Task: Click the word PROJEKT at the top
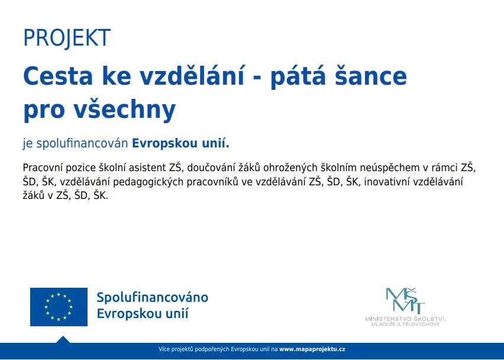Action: coord(67,38)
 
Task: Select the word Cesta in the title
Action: coord(58,76)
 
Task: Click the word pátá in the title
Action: coord(298,76)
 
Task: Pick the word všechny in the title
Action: coord(125,109)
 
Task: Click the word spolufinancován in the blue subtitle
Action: coord(83,143)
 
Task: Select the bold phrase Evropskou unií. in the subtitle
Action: coord(180,143)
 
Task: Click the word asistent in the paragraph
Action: coord(147,168)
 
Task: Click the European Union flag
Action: coord(59,307)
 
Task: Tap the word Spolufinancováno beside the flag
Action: coord(153,297)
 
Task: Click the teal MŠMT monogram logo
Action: coord(405,301)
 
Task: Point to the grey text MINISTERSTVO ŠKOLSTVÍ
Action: coord(405,319)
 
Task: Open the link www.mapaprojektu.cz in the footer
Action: coord(312,349)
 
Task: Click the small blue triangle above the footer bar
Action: coord(63,340)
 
